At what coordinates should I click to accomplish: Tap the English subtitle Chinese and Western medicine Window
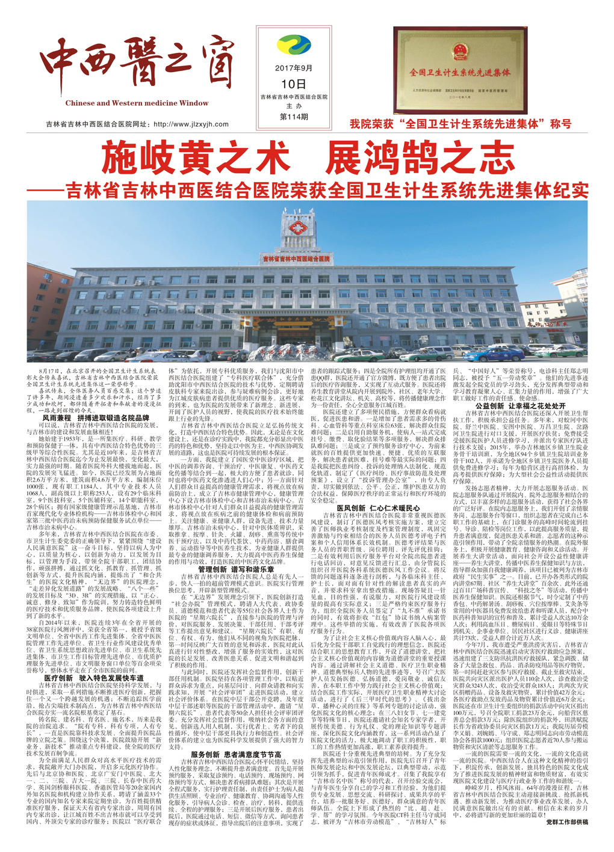point(137,103)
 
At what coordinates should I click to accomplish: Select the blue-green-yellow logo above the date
point(294,46)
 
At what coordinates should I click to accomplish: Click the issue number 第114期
point(294,117)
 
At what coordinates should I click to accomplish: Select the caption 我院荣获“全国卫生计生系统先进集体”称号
point(460,124)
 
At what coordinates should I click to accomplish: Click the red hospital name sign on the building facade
point(296,257)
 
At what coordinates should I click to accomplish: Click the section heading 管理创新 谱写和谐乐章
point(236,569)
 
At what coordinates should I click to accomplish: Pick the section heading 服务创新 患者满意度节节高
point(236,754)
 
